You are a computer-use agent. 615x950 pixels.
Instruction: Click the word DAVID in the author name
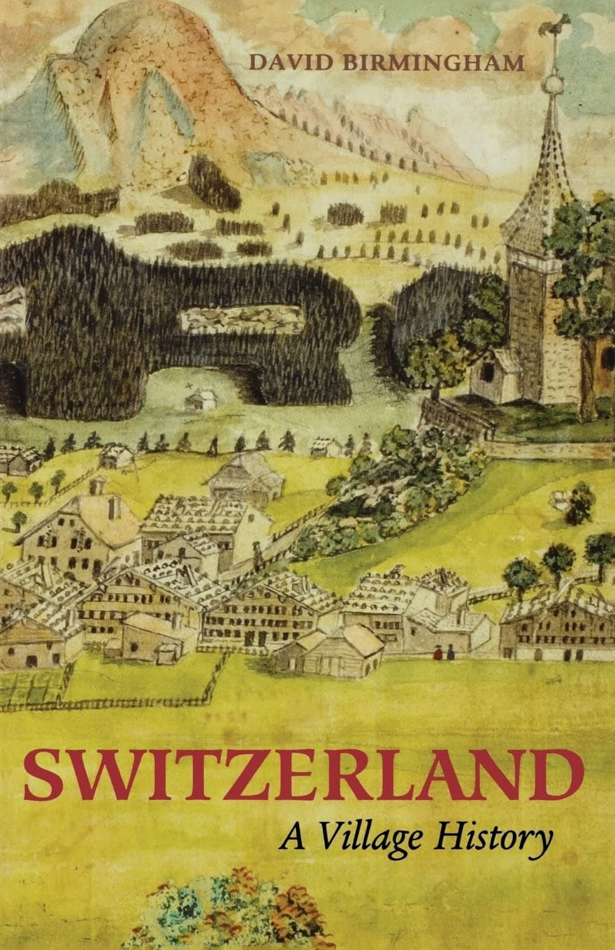click(287, 63)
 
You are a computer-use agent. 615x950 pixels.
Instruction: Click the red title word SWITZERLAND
click(303, 775)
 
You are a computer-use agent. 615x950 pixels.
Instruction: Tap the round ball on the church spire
click(553, 85)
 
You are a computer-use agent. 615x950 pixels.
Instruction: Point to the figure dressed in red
click(438, 653)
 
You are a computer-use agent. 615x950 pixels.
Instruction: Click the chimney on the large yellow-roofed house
click(97, 485)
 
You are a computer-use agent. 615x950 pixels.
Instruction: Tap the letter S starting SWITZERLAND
click(43, 775)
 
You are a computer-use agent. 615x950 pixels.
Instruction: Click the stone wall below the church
click(454, 419)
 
